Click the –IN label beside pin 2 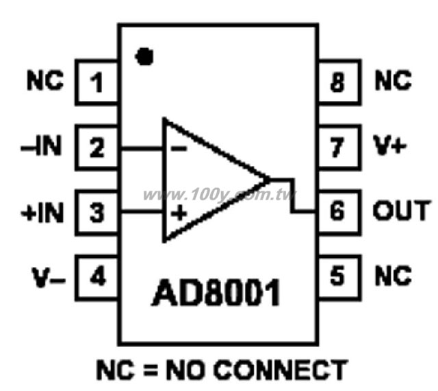tap(41, 146)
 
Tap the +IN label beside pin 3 tap(42, 213)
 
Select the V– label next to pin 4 tap(49, 277)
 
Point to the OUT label tap(402, 210)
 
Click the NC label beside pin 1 tap(45, 80)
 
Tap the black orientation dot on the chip tap(144, 56)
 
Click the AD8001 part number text tap(216, 292)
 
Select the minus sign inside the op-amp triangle tap(179, 148)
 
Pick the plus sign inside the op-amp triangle tap(179, 213)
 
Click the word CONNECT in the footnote tap(281, 370)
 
